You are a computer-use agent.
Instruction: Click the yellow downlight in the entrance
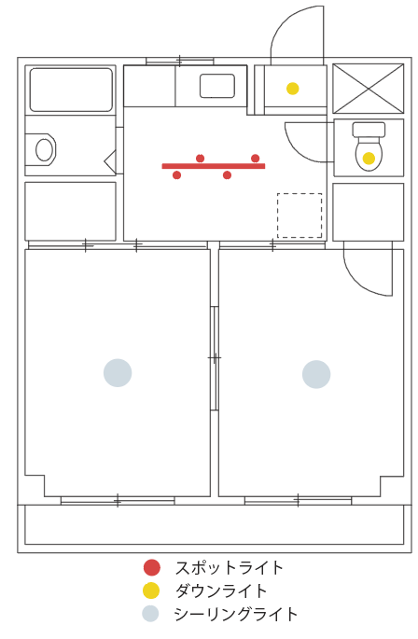(x=292, y=89)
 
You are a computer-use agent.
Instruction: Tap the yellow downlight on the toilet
(x=369, y=159)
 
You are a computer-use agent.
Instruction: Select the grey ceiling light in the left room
(x=118, y=372)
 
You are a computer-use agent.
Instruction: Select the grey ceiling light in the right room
(x=316, y=374)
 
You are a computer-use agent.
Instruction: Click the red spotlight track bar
(x=214, y=166)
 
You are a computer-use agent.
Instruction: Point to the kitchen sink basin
(x=217, y=86)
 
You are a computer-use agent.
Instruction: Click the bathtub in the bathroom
(x=71, y=90)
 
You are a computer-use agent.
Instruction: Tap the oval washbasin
(x=45, y=149)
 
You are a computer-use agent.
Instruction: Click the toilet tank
(x=369, y=130)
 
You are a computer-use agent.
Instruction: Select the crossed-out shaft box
(x=369, y=88)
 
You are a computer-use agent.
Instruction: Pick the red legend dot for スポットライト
(x=152, y=567)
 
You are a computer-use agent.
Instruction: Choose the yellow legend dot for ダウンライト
(x=151, y=590)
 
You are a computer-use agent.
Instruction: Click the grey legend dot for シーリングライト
(x=150, y=614)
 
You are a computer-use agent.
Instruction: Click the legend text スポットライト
(x=230, y=568)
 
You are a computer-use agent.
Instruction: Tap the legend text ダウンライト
(x=221, y=590)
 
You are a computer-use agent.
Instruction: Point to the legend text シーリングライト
(x=236, y=614)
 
